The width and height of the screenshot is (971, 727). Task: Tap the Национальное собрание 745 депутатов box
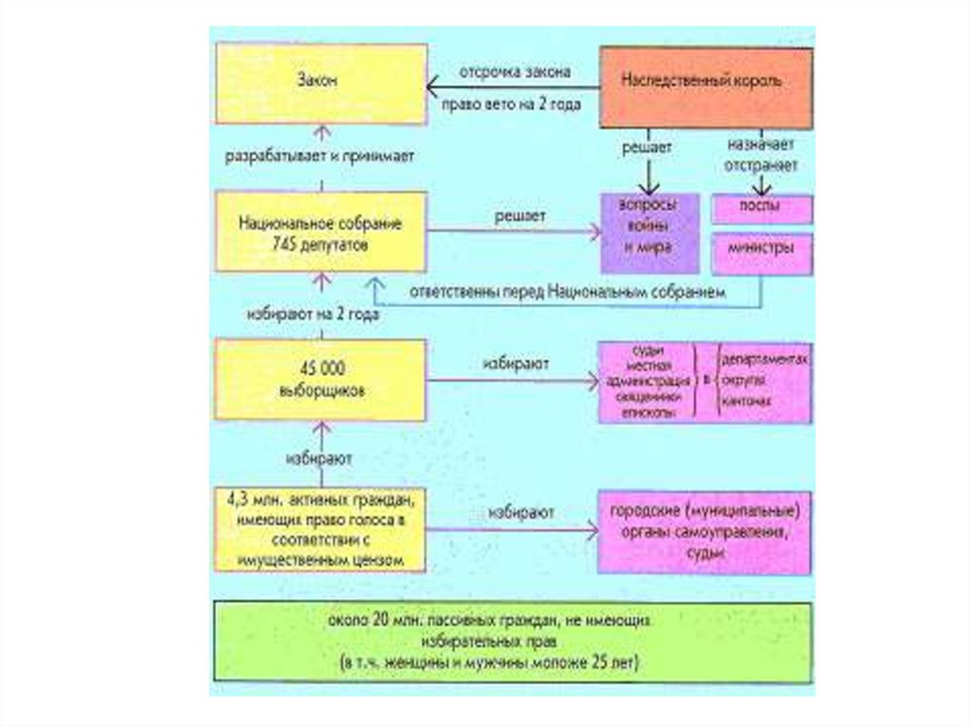pyautogui.click(x=321, y=230)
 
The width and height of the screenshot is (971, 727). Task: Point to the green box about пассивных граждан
pyautogui.click(x=512, y=642)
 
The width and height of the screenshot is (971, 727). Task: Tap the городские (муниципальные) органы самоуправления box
pyautogui.click(x=704, y=533)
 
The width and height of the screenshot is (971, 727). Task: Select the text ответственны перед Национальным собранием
pyautogui.click(x=568, y=293)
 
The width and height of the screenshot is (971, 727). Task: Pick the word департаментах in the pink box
pyautogui.click(x=764, y=361)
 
